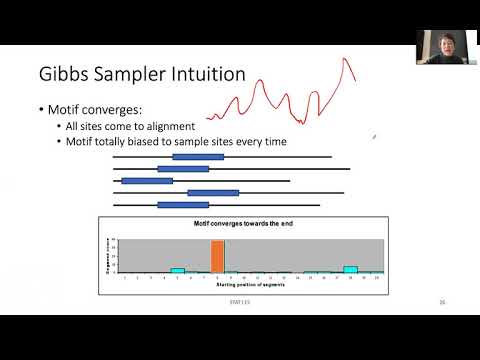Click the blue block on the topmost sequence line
click(198, 157)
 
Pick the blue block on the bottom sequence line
click(183, 205)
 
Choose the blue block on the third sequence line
click(147, 181)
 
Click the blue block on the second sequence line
click(190, 169)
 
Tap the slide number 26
click(441, 302)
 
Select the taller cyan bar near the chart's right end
click(350, 269)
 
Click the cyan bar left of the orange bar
click(178, 270)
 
